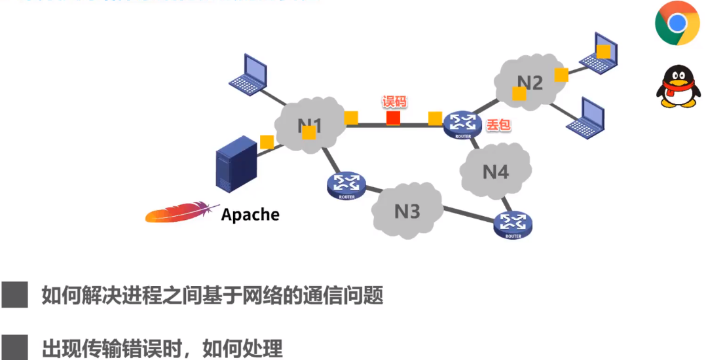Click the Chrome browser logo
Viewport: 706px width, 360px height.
pyautogui.click(x=677, y=23)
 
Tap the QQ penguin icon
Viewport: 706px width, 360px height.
pyautogui.click(x=678, y=86)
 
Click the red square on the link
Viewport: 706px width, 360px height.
pyautogui.click(x=393, y=118)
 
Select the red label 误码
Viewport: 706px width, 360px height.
pyautogui.click(x=395, y=101)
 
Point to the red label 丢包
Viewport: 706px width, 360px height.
pyautogui.click(x=498, y=124)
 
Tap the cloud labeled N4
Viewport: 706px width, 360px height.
pyautogui.click(x=495, y=171)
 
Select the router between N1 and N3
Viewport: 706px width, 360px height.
pyautogui.click(x=345, y=186)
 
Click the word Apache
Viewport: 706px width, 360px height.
pyautogui.click(x=250, y=214)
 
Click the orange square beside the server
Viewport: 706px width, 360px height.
pyautogui.click(x=267, y=142)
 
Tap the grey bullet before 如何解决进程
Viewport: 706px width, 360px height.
pyautogui.click(x=14, y=295)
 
